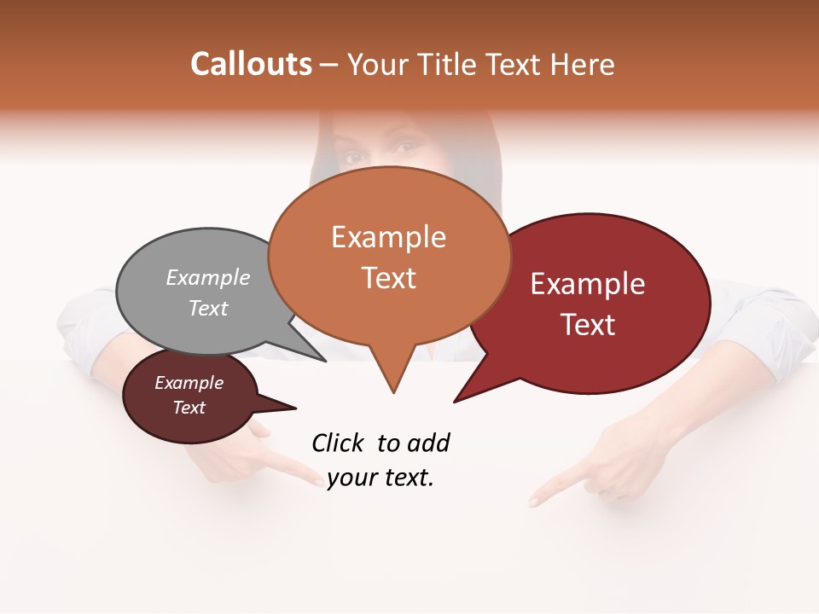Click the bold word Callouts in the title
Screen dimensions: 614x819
point(251,64)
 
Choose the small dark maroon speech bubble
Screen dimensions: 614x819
point(189,396)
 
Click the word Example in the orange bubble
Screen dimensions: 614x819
point(388,237)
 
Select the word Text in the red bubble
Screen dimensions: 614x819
point(588,325)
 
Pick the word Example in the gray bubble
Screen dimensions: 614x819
point(208,278)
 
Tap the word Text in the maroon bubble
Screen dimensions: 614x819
point(189,408)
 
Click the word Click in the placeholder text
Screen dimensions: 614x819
point(338,443)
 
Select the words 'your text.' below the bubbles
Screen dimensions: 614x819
point(380,478)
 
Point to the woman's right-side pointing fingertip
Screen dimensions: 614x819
point(534,501)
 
